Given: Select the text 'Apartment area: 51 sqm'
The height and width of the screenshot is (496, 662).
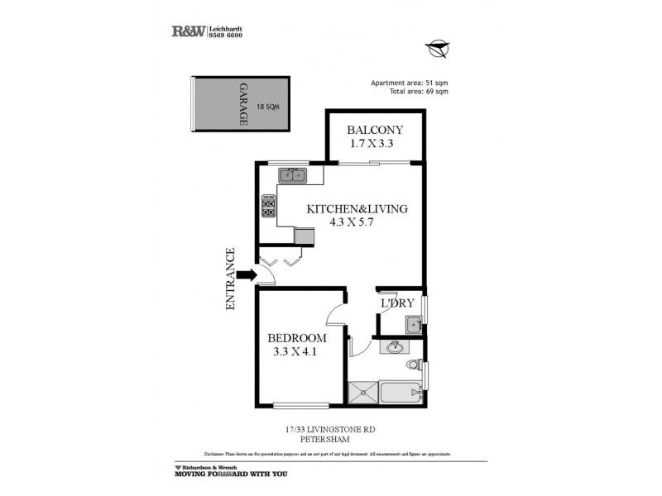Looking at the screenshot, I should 409,83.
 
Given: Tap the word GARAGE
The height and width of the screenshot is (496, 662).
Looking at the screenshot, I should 243,104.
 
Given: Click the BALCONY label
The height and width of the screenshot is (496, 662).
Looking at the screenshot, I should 375,130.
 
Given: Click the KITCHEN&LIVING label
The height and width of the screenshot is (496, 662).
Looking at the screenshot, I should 357,209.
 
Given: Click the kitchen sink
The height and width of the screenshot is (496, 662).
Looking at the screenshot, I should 291,174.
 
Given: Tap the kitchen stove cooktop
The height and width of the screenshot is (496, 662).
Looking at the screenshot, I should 268,206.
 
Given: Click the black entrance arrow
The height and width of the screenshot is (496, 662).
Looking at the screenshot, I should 246,275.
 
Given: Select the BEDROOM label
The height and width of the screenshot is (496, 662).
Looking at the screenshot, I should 296,339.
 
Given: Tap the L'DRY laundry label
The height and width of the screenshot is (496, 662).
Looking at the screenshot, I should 397,303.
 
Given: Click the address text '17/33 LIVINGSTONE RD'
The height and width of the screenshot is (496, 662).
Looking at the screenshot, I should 330,428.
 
